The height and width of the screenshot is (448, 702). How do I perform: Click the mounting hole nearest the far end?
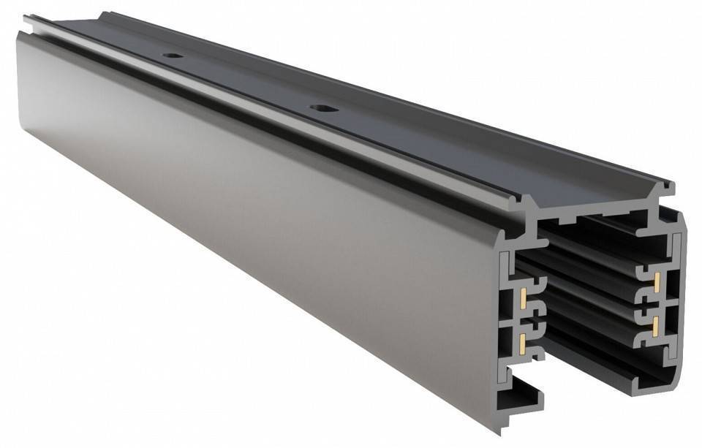[x=173, y=56]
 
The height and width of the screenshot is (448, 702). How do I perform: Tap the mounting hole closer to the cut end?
[x=320, y=108]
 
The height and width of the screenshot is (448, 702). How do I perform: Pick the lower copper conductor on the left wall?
[x=524, y=339]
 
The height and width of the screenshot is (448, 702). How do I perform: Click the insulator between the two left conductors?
[x=533, y=318]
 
